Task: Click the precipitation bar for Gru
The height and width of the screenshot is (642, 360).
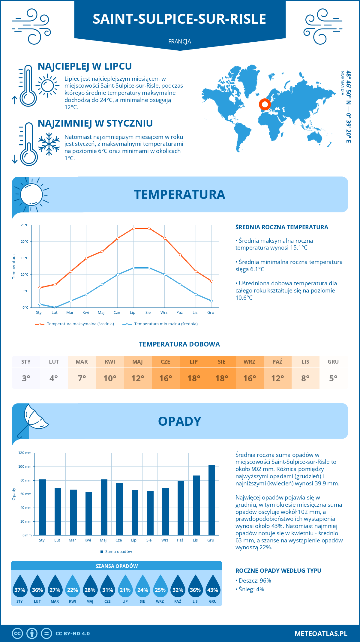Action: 211,500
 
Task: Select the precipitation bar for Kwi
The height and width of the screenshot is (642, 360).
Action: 88,514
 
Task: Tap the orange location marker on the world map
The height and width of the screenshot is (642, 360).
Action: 265,104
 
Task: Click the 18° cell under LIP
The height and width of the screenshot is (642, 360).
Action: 193,378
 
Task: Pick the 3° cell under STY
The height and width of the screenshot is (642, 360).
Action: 26,378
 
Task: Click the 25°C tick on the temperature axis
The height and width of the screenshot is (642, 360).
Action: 25,225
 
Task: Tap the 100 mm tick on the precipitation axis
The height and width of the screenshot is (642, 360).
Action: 25,466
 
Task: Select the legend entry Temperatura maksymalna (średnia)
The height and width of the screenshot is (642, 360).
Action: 75,324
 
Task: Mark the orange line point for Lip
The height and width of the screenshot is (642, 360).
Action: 133,228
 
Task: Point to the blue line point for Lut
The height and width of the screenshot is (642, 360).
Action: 55,307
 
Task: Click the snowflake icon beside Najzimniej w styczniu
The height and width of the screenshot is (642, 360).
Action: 49,144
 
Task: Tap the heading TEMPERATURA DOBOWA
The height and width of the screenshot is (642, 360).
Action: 179,344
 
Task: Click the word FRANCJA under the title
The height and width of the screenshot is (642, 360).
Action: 180,42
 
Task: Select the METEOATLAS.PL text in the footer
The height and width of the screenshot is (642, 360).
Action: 321,634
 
